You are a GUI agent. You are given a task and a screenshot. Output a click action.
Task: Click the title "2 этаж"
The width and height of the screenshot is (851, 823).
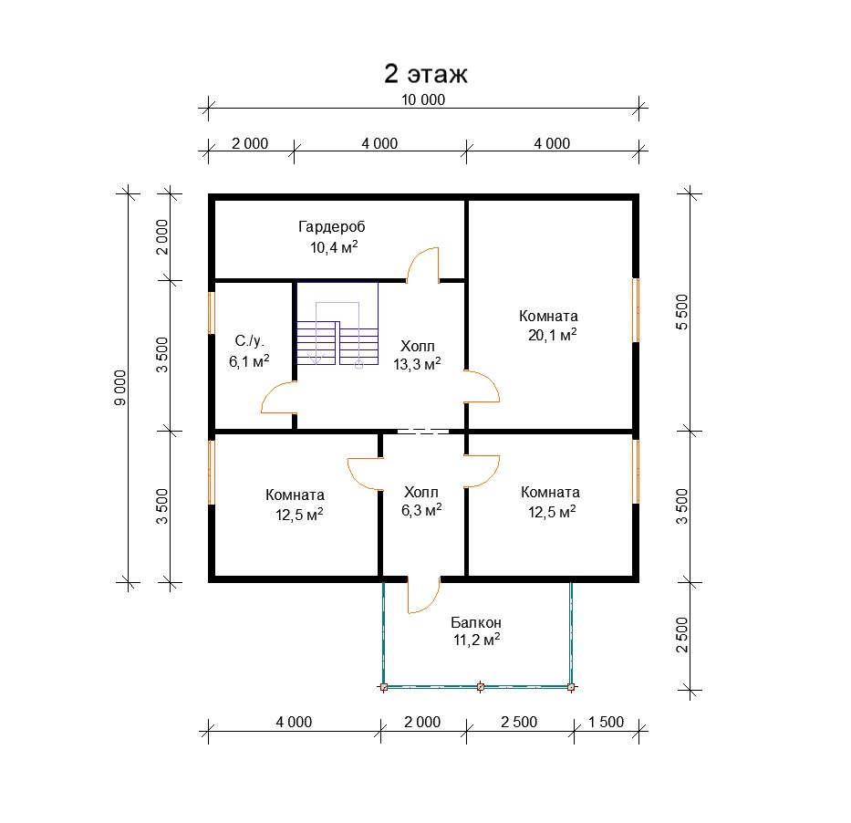pyautogui.click(x=425, y=73)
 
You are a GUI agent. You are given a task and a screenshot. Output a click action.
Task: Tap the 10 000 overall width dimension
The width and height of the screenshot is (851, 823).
pyautogui.click(x=423, y=99)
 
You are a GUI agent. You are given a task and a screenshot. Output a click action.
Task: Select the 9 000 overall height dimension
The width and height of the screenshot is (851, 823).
pyautogui.click(x=120, y=388)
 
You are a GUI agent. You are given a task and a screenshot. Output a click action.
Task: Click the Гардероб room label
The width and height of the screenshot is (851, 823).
pyautogui.click(x=332, y=227)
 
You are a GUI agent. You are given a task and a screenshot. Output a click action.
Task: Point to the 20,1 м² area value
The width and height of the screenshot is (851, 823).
pyautogui.click(x=552, y=335)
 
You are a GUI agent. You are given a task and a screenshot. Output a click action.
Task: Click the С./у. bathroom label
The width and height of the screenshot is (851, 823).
pyautogui.click(x=249, y=341)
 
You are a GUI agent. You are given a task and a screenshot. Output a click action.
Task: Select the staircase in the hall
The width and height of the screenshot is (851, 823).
pyautogui.click(x=337, y=324)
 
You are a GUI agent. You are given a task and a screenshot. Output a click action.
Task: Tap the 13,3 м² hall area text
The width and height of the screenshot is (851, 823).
pyautogui.click(x=417, y=364)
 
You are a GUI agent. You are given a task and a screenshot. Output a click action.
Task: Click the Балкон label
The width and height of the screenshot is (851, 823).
pyautogui.click(x=476, y=622)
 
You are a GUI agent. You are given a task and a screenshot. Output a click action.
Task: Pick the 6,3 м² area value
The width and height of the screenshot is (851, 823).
pyautogui.click(x=421, y=510)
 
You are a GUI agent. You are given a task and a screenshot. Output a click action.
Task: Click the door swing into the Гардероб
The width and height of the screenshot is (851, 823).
pyautogui.click(x=423, y=265)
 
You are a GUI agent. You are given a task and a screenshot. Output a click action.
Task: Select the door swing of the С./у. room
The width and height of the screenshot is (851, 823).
pyautogui.click(x=278, y=397)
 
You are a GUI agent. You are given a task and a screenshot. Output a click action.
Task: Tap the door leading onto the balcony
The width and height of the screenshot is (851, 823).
pyautogui.click(x=424, y=595)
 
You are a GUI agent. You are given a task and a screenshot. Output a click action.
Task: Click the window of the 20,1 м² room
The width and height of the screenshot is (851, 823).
pyautogui.click(x=636, y=310)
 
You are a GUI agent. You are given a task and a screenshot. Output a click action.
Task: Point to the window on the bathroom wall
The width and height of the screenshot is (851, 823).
pyautogui.click(x=212, y=313)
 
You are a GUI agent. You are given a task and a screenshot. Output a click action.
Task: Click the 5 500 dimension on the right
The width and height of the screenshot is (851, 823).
pyautogui.click(x=681, y=312)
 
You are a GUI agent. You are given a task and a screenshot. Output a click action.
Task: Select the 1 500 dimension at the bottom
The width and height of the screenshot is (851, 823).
pyautogui.click(x=607, y=722)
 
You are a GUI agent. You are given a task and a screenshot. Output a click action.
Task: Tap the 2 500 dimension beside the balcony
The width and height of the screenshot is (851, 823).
pyautogui.click(x=681, y=635)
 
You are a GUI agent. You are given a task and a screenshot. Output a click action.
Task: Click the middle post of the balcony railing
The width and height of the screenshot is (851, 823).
pyautogui.click(x=481, y=687)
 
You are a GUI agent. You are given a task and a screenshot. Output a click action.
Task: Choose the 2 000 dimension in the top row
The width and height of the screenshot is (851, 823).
pyautogui.click(x=250, y=144)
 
